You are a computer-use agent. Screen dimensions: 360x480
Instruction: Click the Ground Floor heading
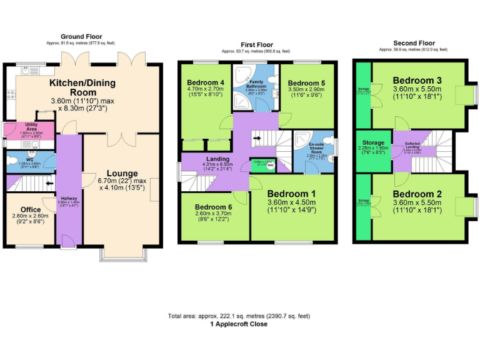(81, 37)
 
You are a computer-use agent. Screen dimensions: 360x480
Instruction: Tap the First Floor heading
(257, 45)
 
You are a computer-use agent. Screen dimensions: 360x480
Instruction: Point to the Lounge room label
(122, 173)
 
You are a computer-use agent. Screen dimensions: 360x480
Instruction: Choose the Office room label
(31, 210)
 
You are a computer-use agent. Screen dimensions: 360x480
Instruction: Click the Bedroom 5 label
(307, 83)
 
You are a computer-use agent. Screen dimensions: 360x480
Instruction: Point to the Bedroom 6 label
(214, 207)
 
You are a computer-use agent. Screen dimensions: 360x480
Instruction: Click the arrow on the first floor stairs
(257, 137)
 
